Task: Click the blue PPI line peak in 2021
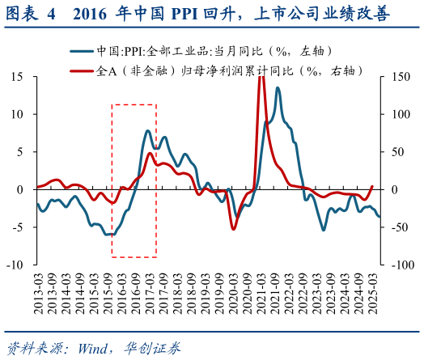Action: point(278,88)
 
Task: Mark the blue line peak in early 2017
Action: point(148,130)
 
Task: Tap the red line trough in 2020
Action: point(234,229)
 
